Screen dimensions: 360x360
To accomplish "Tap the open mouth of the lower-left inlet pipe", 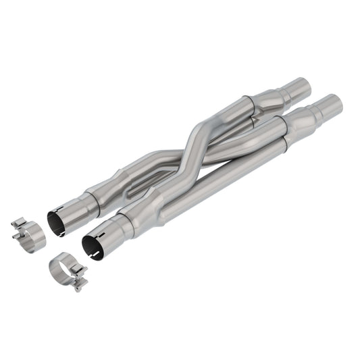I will click(x=92, y=245).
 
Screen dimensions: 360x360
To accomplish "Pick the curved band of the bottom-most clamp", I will click(x=61, y=269).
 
